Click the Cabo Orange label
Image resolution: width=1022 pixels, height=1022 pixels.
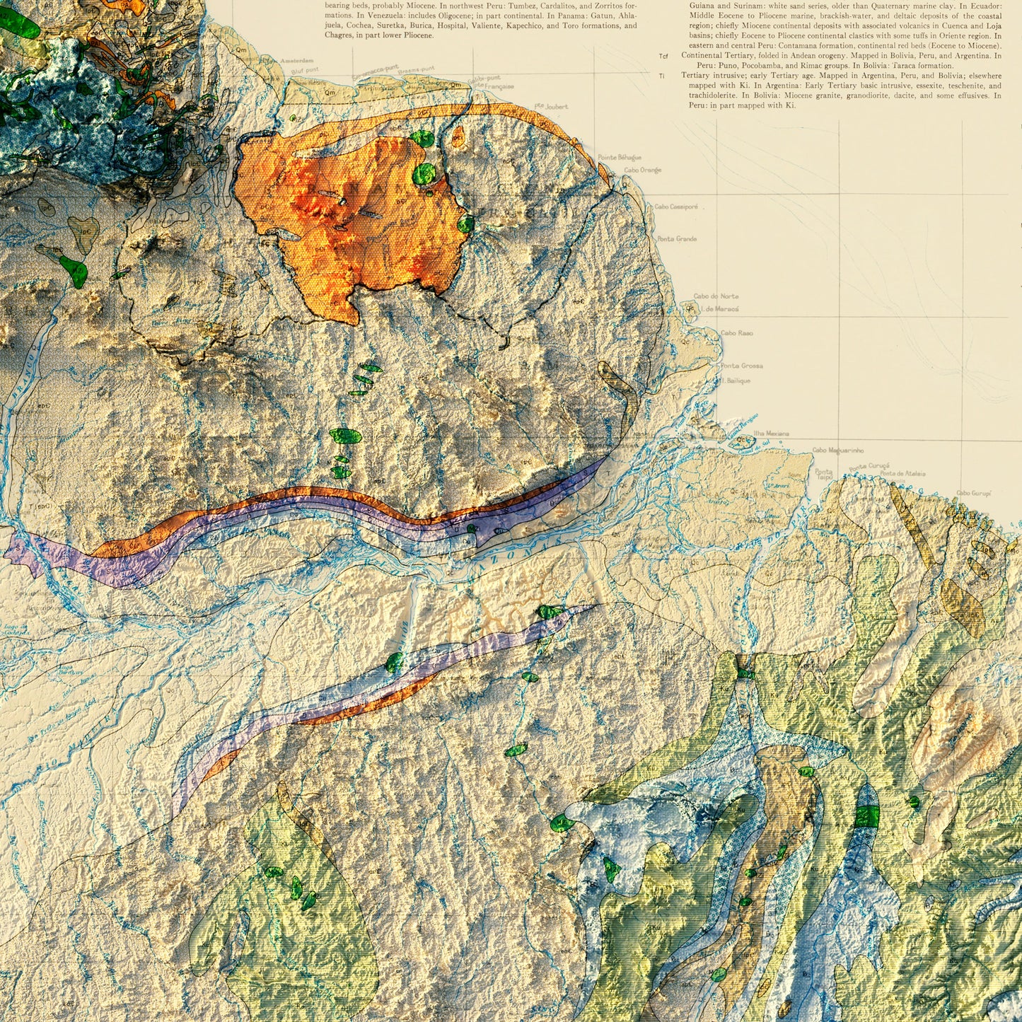coord(642,170)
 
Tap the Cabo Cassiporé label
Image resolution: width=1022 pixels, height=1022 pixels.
coord(676,207)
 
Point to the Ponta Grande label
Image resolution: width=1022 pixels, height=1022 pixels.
coord(677,239)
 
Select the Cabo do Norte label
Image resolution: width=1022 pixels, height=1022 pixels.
coord(716,296)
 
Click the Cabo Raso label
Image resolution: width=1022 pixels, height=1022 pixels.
coord(736,332)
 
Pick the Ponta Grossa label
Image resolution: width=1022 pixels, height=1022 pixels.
coord(741,366)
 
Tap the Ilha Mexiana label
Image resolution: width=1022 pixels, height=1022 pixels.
coord(771,433)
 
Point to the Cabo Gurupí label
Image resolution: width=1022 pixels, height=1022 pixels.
coord(973,493)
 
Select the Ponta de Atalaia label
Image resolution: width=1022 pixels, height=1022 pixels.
coord(902,474)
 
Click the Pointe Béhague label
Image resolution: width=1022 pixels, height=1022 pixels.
coord(620,157)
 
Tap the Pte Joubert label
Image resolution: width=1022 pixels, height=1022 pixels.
coord(552,107)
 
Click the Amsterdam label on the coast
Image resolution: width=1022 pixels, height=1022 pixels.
coord(296,62)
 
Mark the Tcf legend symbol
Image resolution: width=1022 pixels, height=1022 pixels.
coord(663,56)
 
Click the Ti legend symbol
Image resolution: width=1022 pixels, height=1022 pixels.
coord(662,76)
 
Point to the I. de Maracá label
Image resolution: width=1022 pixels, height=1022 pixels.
coord(719,309)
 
